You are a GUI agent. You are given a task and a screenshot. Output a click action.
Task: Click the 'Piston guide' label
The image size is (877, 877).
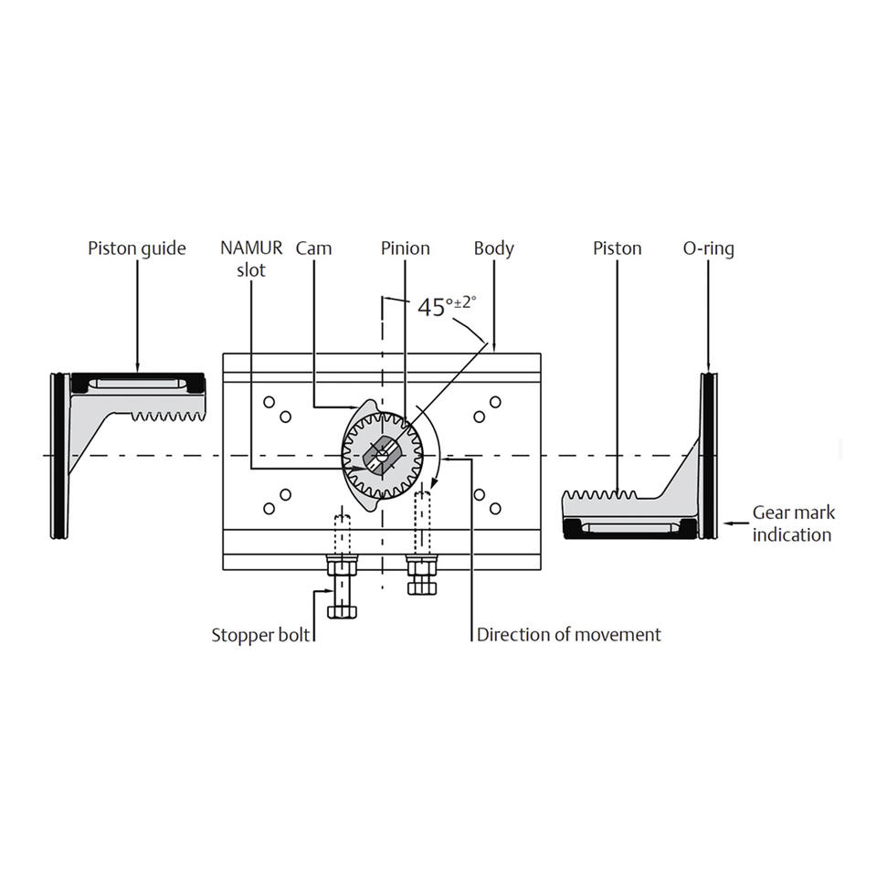[137, 248]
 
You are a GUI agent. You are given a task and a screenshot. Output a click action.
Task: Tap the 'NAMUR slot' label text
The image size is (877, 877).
[251, 259]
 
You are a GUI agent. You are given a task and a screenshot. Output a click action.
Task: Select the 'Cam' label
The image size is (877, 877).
[313, 248]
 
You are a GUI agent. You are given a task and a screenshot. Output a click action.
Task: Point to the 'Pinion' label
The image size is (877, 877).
[406, 248]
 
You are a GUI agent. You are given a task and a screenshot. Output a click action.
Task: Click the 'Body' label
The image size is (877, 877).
[494, 248]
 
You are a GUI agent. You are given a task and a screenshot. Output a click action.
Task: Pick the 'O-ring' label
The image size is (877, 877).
[709, 248]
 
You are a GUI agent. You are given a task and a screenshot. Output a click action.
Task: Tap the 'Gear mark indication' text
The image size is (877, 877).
[793, 523]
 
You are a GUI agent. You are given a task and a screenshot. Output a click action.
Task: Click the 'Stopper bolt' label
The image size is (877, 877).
[260, 636]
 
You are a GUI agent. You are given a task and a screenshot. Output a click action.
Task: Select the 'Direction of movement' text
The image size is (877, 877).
[569, 635]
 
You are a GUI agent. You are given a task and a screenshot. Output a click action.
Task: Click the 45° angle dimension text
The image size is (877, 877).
[447, 306]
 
